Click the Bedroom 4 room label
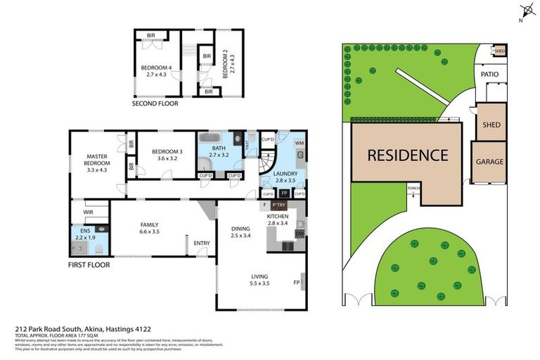153,68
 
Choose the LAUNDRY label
285,174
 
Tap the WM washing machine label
299,143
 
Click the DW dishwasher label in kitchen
299,233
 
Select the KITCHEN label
278,217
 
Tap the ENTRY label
202,243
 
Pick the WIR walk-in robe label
89,212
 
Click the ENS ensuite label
85,231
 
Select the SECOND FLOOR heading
155,103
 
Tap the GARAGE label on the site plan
489,162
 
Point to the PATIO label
489,74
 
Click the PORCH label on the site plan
413,188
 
